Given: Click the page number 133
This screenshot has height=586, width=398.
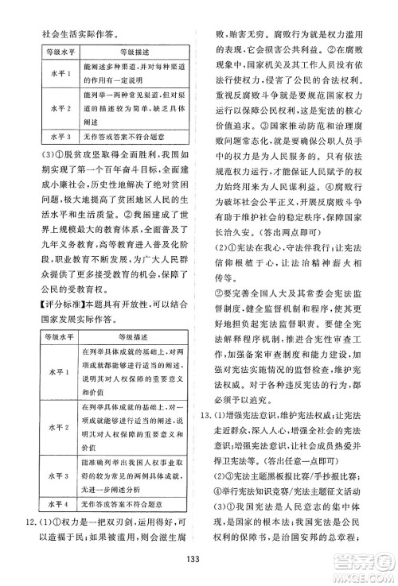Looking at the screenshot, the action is (x=199, y=557).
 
